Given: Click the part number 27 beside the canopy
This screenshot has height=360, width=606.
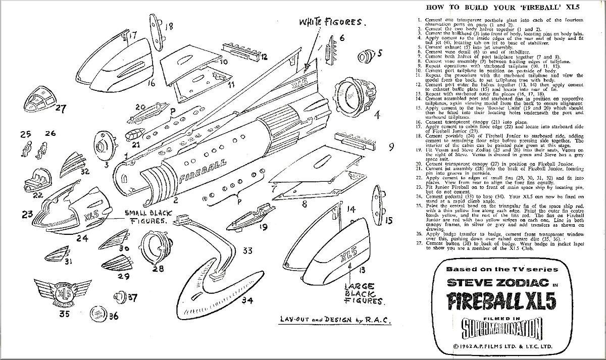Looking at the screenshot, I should click(61, 108).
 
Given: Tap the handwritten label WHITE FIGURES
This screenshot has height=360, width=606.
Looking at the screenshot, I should click(332, 22).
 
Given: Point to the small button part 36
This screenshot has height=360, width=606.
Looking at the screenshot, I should click(96, 315).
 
